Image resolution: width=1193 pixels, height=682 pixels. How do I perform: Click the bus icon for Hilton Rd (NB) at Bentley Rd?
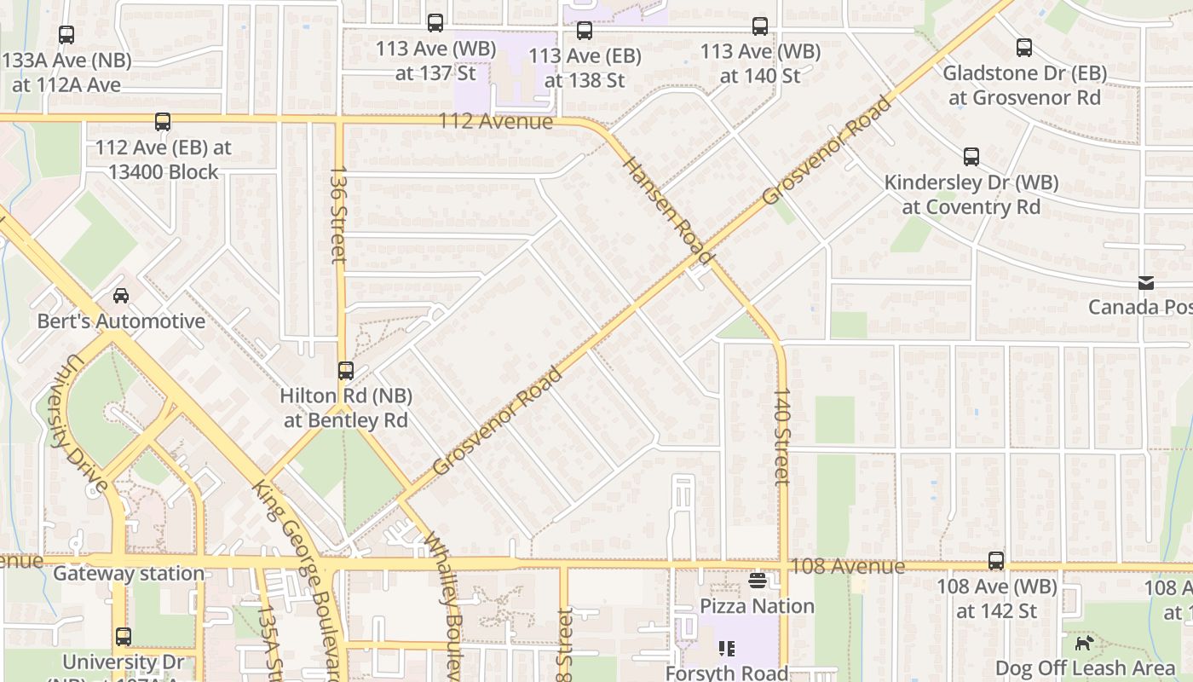(x=345, y=371)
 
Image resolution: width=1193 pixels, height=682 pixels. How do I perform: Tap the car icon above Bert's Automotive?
(x=121, y=296)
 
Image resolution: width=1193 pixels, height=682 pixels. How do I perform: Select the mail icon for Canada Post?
(x=1146, y=283)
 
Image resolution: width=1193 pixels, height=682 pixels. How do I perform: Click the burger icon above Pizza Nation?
(x=758, y=581)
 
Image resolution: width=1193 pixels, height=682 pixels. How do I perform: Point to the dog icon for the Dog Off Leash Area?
(x=1084, y=643)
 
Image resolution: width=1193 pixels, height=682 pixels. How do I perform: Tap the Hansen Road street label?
(x=667, y=210)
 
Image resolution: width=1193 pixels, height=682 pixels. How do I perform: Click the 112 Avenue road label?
(x=495, y=121)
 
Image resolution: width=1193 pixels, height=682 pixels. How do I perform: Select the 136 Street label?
(x=338, y=214)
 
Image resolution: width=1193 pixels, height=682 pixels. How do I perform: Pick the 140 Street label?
(x=781, y=436)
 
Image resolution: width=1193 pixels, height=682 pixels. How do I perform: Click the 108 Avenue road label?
(x=847, y=566)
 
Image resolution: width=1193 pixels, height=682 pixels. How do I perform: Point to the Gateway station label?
(x=129, y=574)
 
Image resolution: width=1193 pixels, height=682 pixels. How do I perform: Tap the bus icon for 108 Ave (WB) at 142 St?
(x=996, y=561)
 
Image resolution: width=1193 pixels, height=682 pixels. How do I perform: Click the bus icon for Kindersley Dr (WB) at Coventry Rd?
(x=971, y=157)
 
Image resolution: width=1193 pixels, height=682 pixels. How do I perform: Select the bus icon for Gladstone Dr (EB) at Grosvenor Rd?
(x=1024, y=48)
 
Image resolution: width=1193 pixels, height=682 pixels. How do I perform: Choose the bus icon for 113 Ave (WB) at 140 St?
(x=760, y=26)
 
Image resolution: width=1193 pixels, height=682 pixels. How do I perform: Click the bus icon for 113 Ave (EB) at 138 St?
(x=584, y=32)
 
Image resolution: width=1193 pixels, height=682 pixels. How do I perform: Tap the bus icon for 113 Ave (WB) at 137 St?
(x=435, y=23)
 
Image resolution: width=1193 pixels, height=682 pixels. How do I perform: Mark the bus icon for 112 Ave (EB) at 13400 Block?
(x=163, y=122)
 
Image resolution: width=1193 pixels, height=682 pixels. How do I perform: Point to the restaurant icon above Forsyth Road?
(x=727, y=649)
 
